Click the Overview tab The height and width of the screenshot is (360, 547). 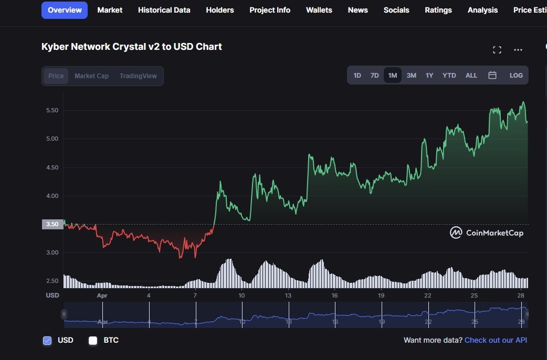[65, 10]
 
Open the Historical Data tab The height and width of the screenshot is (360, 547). [164, 10]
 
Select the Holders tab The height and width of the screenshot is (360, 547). [220, 10]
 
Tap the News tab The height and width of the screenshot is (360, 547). [357, 10]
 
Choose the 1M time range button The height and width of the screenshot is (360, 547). [393, 75]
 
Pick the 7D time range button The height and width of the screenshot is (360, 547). [374, 75]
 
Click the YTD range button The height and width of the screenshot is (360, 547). [449, 75]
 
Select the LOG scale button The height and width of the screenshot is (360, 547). [516, 75]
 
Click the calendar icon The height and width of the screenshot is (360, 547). [492, 75]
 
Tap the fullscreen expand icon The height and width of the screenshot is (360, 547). [497, 50]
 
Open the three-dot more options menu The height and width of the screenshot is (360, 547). [518, 50]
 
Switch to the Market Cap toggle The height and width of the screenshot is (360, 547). [91, 76]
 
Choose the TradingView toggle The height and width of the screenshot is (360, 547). [138, 76]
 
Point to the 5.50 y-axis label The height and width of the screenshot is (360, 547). [52, 111]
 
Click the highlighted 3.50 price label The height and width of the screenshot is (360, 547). [52, 225]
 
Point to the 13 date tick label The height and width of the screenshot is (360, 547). [288, 295]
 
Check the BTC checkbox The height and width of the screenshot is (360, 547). [93, 341]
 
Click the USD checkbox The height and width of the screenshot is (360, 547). [47, 341]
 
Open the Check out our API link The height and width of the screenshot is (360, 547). [496, 340]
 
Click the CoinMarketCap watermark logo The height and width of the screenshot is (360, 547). [487, 232]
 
